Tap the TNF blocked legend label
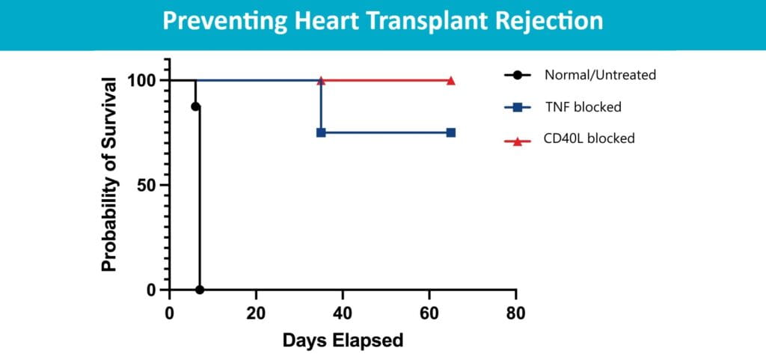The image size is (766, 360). [x=583, y=107]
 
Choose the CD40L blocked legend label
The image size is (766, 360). [x=589, y=138]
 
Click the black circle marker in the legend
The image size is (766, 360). [x=518, y=75]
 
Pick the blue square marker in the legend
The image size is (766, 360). [x=518, y=107]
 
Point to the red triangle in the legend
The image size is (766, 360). [x=518, y=138]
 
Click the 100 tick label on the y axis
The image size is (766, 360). [x=144, y=80]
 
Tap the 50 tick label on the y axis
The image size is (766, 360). [x=148, y=185]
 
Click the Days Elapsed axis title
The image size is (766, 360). [x=343, y=341]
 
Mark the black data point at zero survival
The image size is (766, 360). [x=200, y=290]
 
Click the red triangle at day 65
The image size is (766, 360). [x=451, y=80]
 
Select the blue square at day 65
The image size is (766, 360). [x=451, y=132]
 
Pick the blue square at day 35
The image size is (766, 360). [x=321, y=132]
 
